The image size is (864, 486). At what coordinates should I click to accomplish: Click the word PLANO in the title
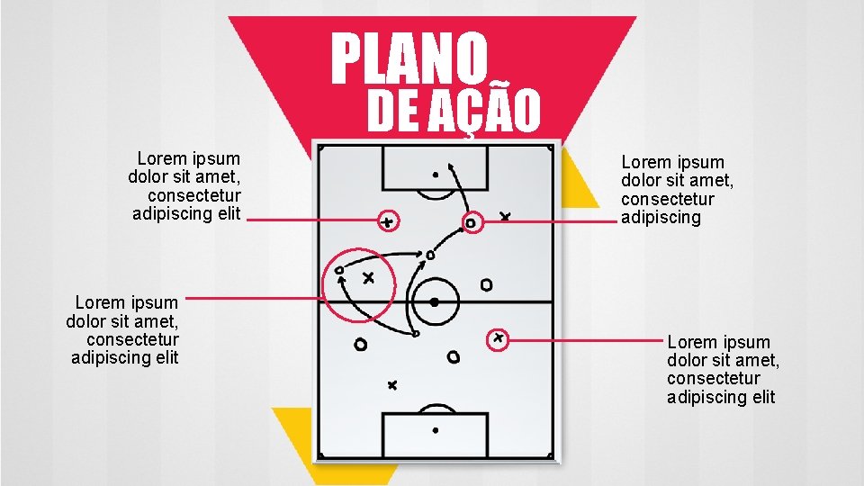click(x=409, y=58)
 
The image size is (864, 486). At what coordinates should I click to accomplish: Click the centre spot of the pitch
click(x=435, y=302)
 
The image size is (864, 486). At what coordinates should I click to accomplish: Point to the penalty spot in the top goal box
click(x=436, y=174)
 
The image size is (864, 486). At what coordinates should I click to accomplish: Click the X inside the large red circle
click(x=368, y=278)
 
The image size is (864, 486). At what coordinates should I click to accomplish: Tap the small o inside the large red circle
click(x=339, y=270)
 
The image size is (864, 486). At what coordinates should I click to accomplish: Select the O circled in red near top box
click(x=471, y=222)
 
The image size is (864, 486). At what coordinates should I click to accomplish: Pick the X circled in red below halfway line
click(x=498, y=338)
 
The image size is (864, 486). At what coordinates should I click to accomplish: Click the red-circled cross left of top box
click(x=387, y=220)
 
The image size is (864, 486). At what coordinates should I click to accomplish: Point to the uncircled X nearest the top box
click(x=505, y=217)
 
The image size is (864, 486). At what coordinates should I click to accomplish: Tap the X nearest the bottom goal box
click(x=391, y=385)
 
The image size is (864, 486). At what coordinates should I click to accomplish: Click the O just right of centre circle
click(x=486, y=285)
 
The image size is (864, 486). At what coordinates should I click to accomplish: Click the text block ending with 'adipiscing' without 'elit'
click(x=677, y=190)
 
